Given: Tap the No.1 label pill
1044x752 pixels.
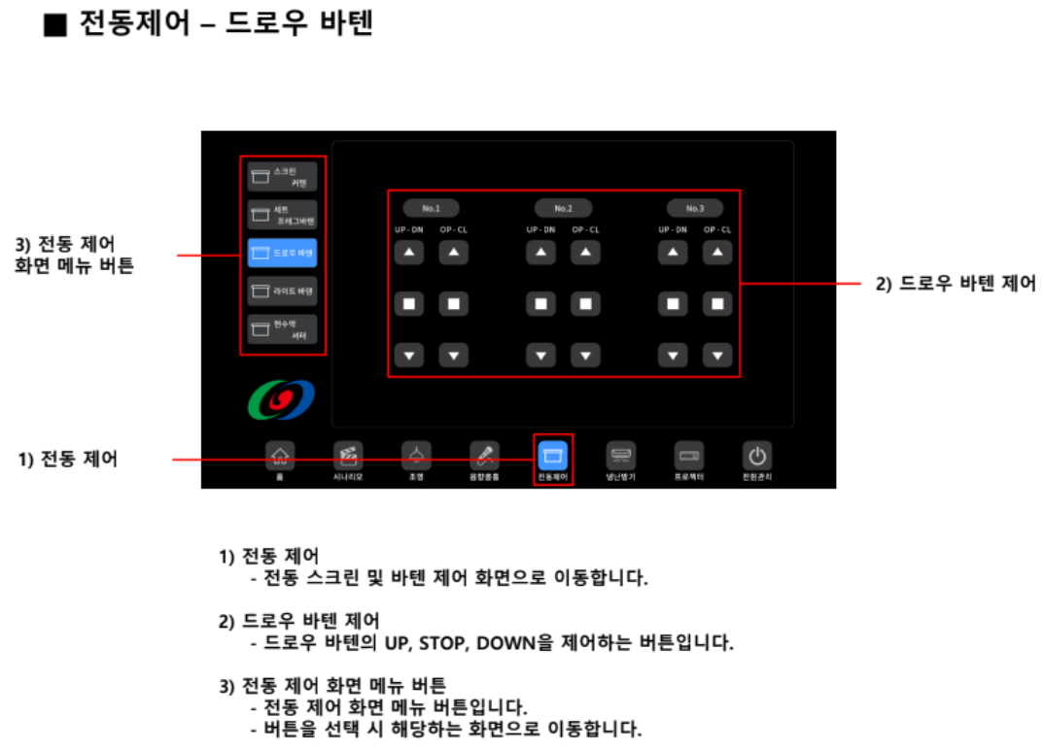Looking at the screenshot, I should (x=431, y=208).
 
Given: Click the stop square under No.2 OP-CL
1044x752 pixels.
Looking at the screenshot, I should (x=585, y=304).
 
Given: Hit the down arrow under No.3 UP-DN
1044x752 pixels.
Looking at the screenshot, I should (x=673, y=355).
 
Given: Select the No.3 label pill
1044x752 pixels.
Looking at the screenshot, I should (x=695, y=208).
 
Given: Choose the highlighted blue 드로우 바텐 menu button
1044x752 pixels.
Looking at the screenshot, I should (x=282, y=253).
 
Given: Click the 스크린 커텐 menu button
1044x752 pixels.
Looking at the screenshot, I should (x=282, y=176).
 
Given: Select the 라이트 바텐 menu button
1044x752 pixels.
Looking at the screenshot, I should (x=282, y=291).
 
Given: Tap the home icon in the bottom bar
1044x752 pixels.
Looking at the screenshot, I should (x=280, y=455).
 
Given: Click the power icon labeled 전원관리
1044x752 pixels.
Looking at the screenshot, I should (x=757, y=455).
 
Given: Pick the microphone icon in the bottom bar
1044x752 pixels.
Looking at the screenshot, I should (x=484, y=455).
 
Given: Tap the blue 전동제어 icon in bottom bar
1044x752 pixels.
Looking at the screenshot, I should (x=553, y=455).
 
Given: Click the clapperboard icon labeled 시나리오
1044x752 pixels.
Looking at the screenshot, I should (x=348, y=455).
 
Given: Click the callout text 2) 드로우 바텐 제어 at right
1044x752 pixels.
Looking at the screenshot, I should (x=956, y=285).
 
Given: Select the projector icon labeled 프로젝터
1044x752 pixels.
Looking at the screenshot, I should (x=689, y=455).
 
